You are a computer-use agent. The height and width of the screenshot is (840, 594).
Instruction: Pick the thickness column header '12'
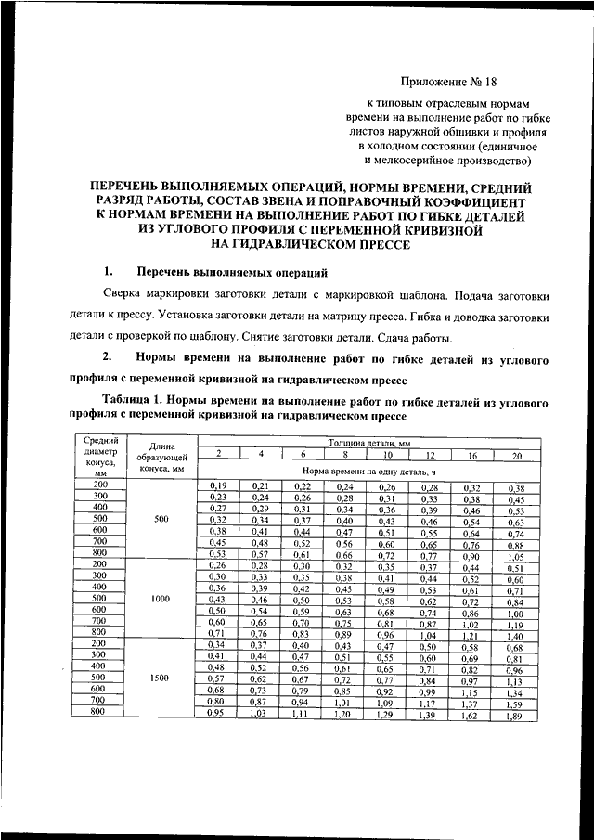430,456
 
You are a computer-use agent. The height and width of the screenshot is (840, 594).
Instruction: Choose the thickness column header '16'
471,456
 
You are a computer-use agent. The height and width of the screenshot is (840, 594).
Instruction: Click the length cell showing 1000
160,600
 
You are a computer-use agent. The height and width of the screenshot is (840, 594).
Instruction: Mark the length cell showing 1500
160,678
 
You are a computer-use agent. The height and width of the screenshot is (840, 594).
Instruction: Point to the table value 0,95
218,713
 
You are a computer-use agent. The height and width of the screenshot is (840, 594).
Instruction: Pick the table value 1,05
515,557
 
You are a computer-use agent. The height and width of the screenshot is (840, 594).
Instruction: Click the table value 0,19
218,486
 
